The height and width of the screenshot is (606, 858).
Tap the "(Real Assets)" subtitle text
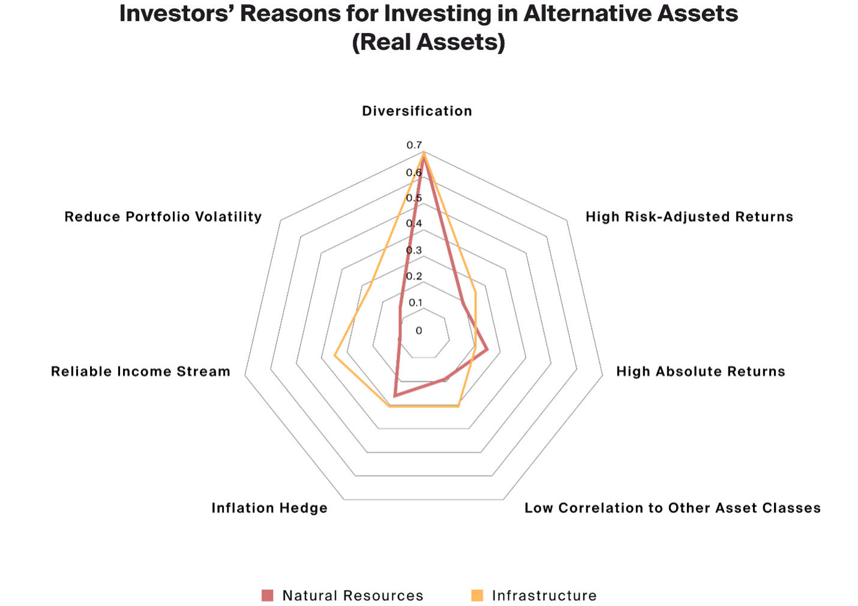tap(428, 42)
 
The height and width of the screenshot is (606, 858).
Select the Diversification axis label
tap(417, 111)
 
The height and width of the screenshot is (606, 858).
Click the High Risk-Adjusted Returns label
tap(689, 216)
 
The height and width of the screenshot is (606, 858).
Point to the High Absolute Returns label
tap(701, 372)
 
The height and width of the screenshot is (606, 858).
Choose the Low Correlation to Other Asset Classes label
tap(673, 508)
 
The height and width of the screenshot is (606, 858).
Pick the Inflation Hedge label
tap(269, 508)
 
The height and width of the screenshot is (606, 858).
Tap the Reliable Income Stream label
tap(140, 372)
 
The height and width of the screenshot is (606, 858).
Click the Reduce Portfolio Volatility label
tap(163, 216)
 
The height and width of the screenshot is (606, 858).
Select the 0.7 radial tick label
tap(414, 145)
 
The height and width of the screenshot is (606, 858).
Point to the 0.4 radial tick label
tap(414, 224)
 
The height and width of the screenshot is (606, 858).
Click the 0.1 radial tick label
tap(415, 303)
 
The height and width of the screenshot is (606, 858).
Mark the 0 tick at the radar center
tap(419, 331)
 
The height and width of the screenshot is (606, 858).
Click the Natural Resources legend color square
tap(268, 595)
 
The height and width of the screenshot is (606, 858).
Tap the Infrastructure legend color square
tap(477, 595)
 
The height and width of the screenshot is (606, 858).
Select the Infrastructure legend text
tap(544, 595)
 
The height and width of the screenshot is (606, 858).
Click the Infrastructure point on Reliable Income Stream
tap(335, 357)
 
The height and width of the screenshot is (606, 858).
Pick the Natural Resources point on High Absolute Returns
tap(487, 349)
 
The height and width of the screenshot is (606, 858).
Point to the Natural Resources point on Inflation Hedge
tap(395, 396)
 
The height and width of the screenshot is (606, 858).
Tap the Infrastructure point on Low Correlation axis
tap(458, 406)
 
